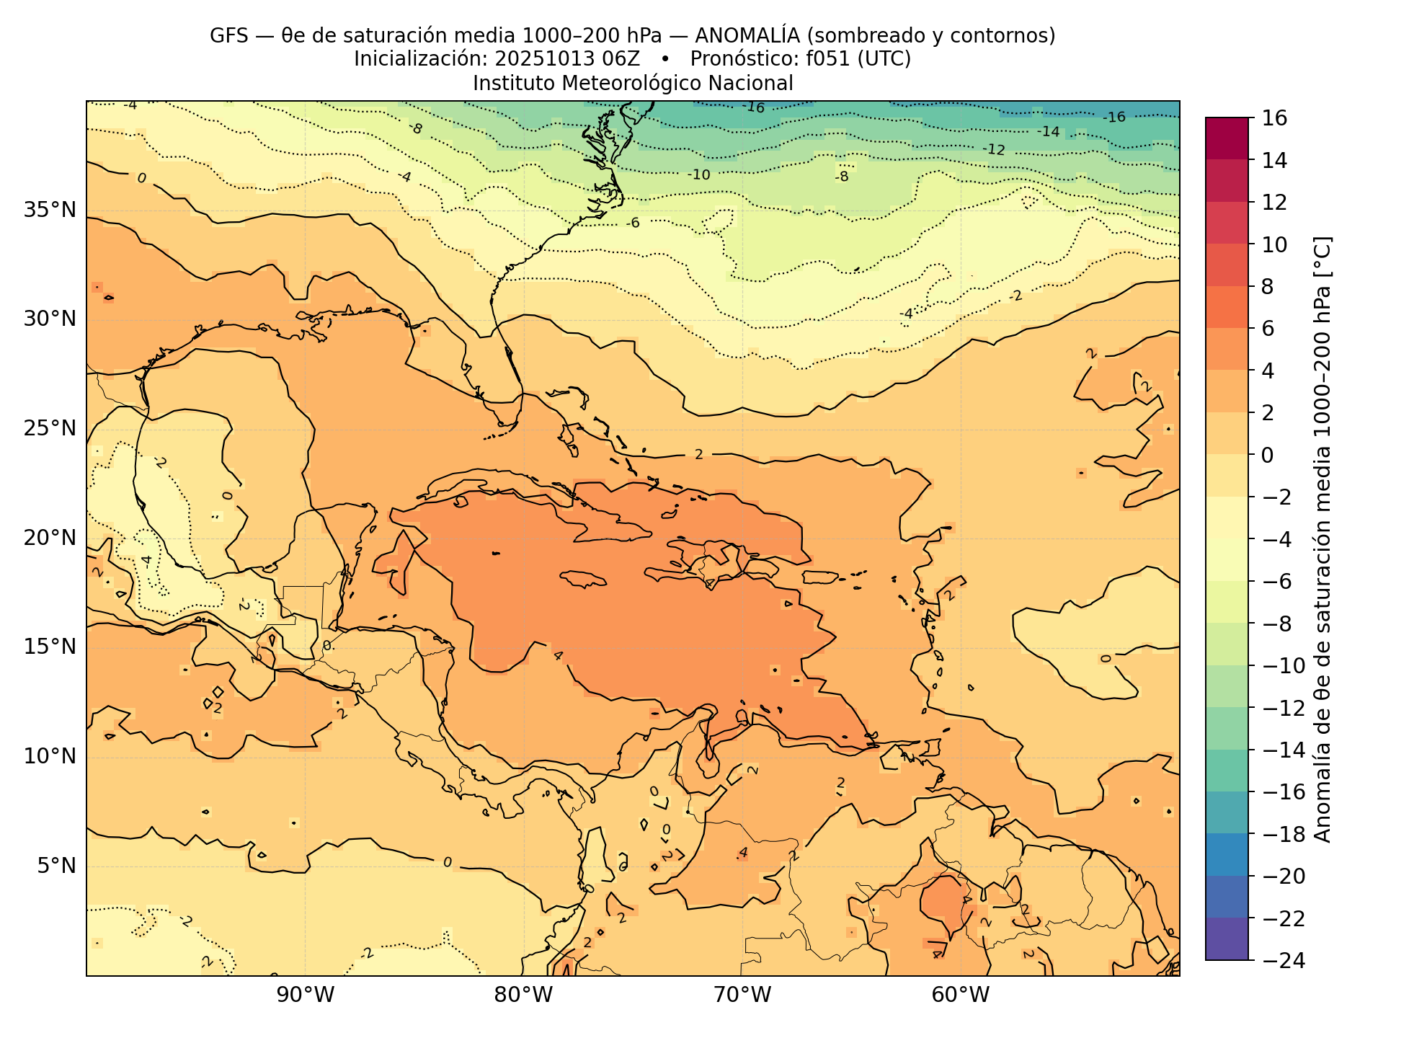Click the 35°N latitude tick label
click(x=50, y=210)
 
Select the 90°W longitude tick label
click(x=306, y=995)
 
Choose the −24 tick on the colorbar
click(x=1279, y=960)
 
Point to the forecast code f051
click(x=826, y=59)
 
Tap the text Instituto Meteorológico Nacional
click(x=633, y=84)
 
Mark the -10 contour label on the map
click(x=698, y=174)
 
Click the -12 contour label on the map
click(x=994, y=150)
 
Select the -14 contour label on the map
click(x=1049, y=131)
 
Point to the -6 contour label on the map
click(x=633, y=223)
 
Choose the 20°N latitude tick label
click(x=50, y=538)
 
